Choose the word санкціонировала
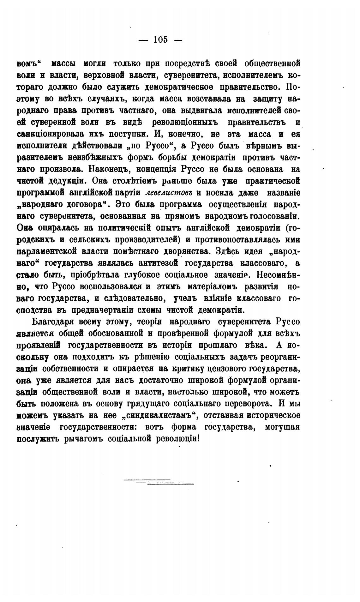pyautogui.click(x=47, y=134)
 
